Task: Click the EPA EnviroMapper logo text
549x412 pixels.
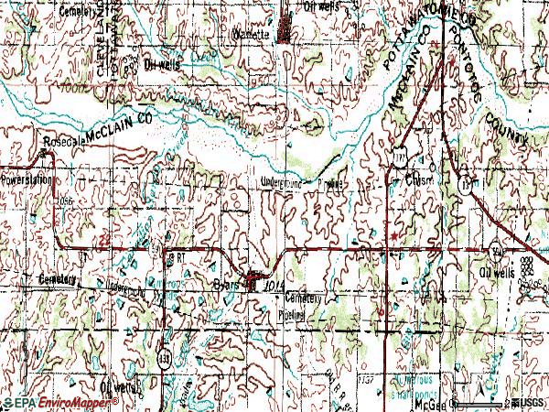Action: (x=40, y=403)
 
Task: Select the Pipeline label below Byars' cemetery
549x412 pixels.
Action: (x=292, y=314)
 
